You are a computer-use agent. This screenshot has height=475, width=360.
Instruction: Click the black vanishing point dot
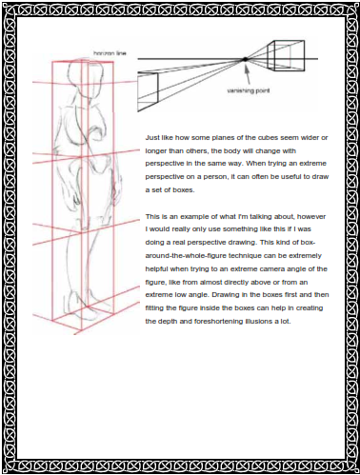coord(245,59)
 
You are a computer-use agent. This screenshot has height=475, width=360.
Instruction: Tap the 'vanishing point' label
coord(249,90)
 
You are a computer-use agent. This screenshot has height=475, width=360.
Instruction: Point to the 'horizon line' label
coord(110,53)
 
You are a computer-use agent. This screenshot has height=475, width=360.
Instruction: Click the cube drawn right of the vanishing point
coord(287,55)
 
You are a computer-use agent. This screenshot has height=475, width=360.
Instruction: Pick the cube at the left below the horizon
coord(148,91)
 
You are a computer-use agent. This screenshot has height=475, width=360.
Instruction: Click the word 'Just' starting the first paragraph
coord(151,138)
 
